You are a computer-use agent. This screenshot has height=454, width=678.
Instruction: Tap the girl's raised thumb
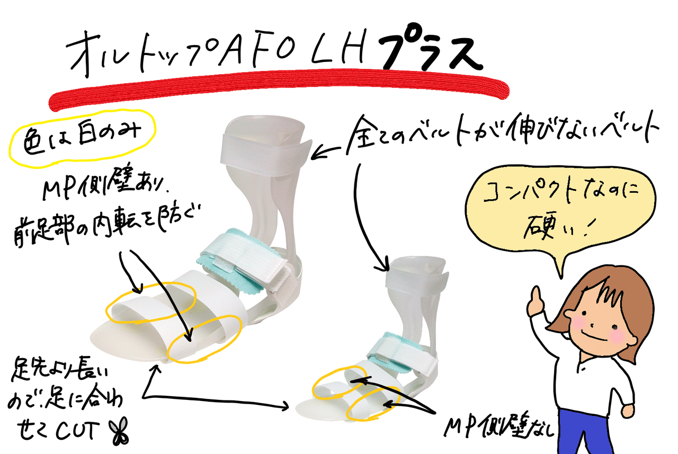(x=536, y=296)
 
